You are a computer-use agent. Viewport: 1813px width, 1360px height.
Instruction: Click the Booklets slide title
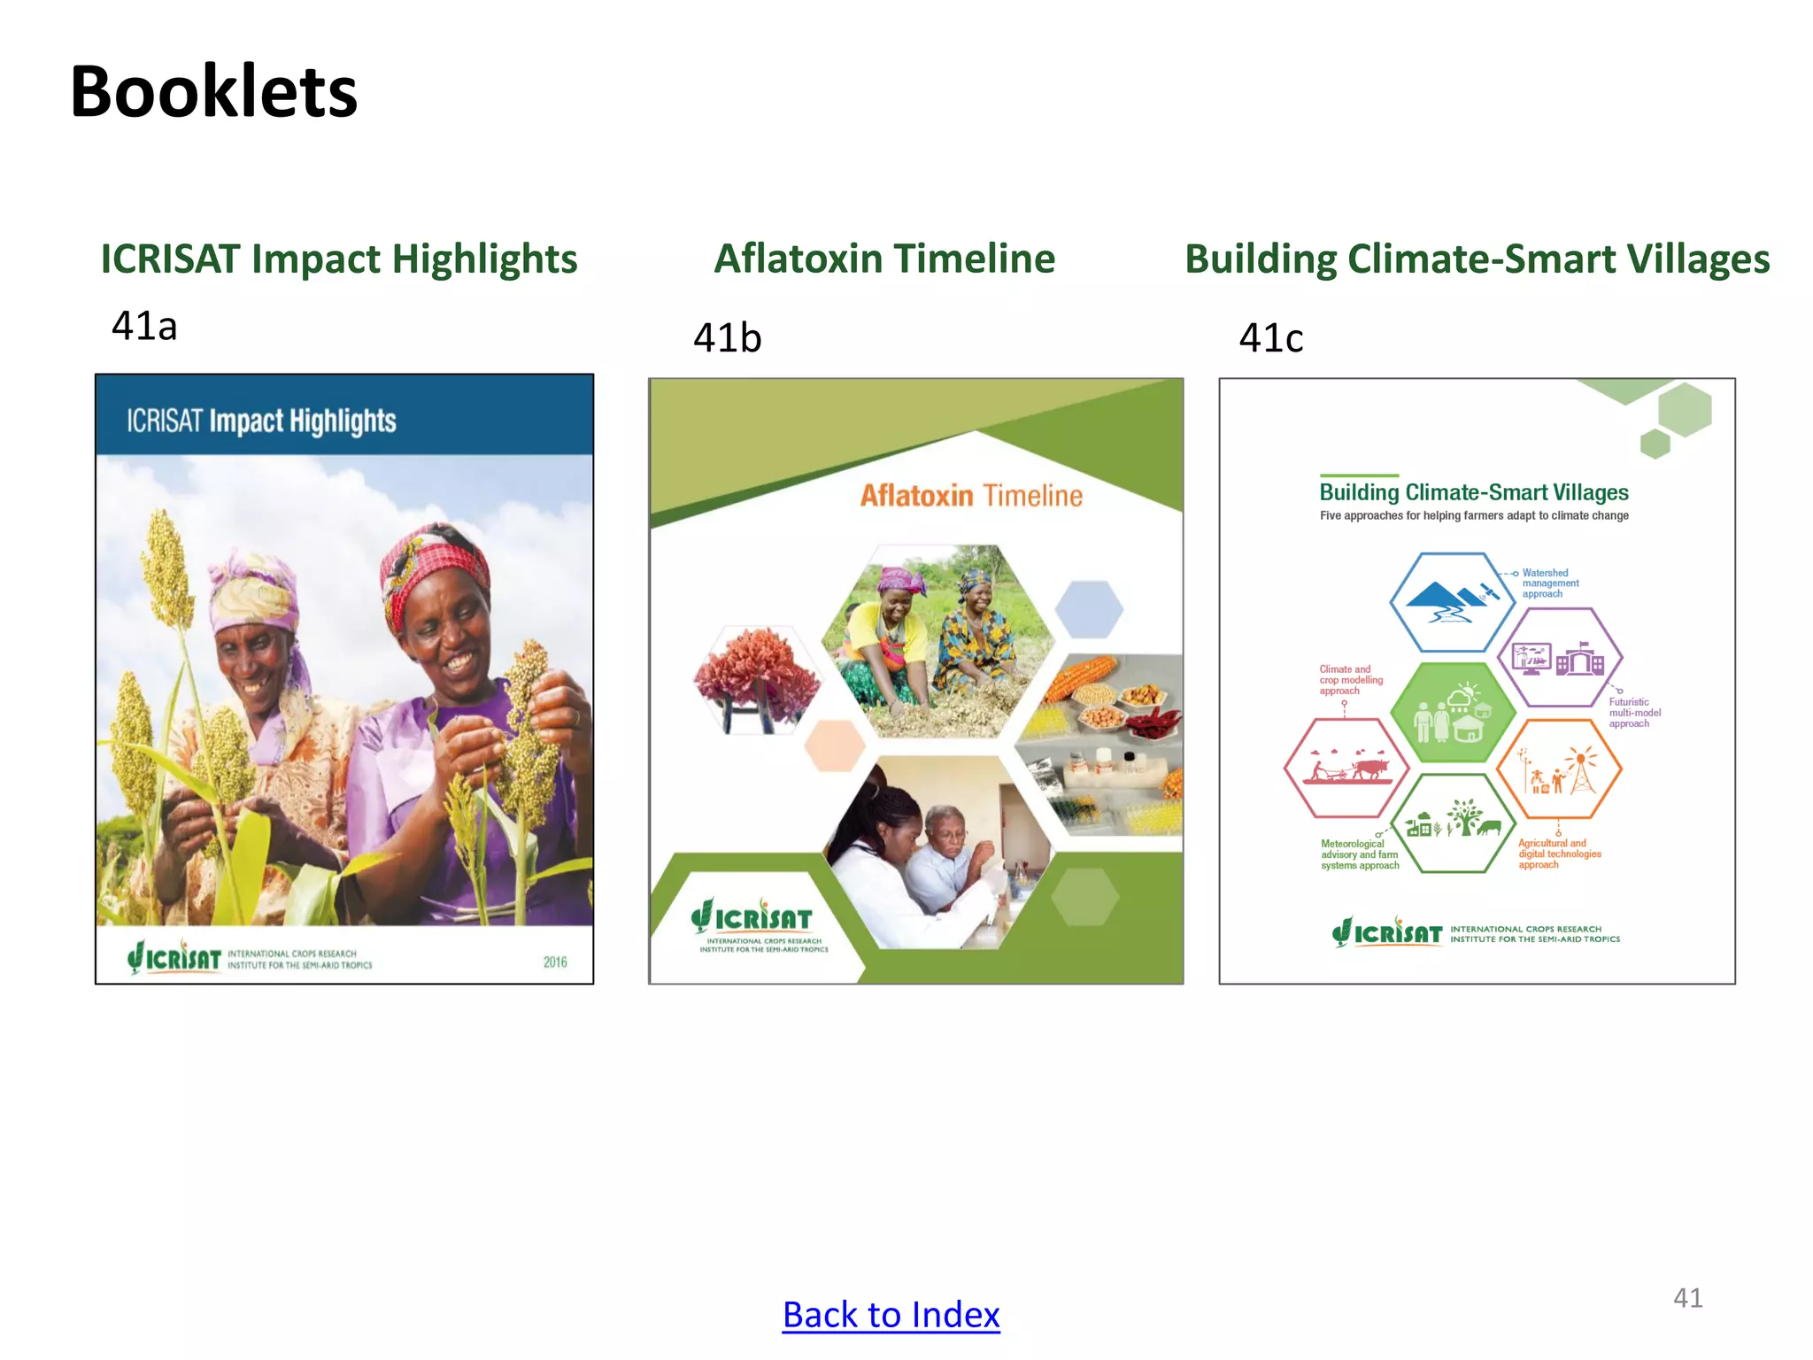(213, 92)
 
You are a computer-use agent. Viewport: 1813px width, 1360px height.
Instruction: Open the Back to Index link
(891, 1315)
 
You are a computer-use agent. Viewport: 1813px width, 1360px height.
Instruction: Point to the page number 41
(1687, 1298)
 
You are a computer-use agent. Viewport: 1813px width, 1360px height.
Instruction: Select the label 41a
(144, 326)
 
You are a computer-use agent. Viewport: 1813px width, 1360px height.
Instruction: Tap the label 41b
(727, 338)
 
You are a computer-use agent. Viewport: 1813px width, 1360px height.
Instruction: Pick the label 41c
(1270, 338)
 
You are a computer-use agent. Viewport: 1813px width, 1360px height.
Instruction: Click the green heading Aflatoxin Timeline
(884, 259)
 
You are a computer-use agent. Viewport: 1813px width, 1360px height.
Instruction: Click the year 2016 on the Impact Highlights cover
(555, 962)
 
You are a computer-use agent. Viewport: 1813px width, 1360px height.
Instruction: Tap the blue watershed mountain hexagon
(1452, 602)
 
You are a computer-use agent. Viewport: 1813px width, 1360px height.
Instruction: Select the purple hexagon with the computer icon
(1560, 657)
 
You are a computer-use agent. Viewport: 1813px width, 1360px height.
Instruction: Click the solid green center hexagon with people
(1452, 713)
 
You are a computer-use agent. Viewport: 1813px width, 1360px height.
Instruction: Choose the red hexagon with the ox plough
(1346, 768)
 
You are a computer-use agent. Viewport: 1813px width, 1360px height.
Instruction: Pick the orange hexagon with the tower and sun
(1559, 769)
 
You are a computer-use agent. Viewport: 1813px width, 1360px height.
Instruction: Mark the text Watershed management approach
(1550, 583)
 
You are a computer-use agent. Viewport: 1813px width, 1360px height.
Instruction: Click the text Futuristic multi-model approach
(1634, 713)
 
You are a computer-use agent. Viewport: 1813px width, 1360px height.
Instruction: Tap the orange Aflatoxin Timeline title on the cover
(971, 496)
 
